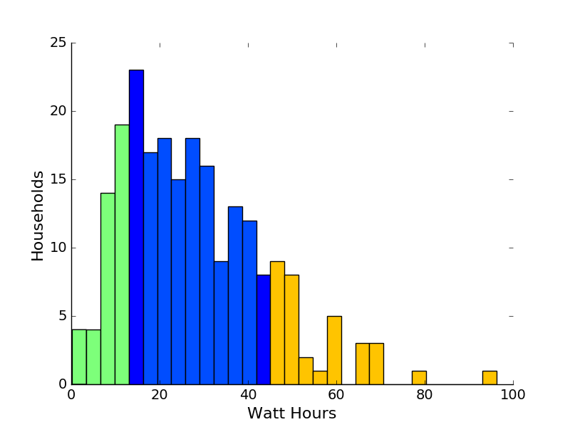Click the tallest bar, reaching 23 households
(136, 228)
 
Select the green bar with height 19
(122, 255)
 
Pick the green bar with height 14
(108, 289)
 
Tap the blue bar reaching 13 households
(235, 295)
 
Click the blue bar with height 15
(178, 282)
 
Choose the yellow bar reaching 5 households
(334, 350)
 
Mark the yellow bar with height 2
(306, 371)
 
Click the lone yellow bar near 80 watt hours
(419, 378)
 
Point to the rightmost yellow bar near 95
(489, 378)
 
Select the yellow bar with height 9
(277, 323)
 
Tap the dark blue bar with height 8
(264, 330)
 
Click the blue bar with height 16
(207, 275)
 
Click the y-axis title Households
(38, 215)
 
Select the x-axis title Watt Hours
(291, 413)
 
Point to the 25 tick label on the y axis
(58, 43)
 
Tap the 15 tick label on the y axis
(58, 180)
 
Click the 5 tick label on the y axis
(62, 317)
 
